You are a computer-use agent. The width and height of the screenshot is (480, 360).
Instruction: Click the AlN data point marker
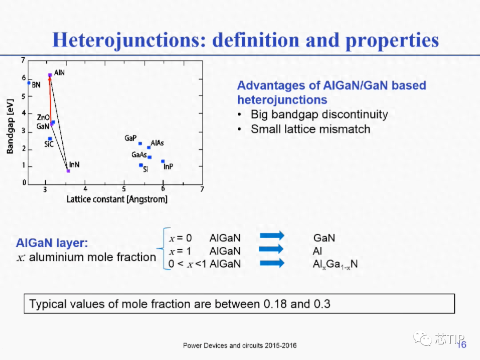pos(50,75)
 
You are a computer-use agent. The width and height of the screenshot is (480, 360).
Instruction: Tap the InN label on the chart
pos(74,165)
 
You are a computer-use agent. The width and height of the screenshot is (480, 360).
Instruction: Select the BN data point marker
pos(29,83)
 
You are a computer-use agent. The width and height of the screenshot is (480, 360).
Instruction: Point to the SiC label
pos(49,144)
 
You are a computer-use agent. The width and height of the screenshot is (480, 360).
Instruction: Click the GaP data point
pos(140,143)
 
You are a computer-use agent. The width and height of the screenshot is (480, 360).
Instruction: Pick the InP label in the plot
pos(168,167)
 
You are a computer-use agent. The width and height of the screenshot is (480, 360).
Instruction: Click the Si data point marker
pos(141,165)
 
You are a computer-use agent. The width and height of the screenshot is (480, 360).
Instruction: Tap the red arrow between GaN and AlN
pos(50,100)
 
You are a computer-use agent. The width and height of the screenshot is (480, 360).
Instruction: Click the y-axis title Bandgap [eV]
pos(10,126)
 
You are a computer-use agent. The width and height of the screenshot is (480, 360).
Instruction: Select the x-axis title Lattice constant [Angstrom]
pos(117,199)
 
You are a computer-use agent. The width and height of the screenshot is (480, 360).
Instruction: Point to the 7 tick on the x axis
pos(202,189)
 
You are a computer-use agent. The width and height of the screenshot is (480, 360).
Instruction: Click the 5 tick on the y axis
pos(23,96)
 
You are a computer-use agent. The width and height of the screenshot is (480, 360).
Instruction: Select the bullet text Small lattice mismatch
pos(310,129)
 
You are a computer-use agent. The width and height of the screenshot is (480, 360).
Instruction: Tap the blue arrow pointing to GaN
pos(272,236)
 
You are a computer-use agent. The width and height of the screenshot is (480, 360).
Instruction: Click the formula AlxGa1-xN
pos(335,264)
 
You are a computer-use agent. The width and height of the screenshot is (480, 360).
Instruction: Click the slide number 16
pos(462,345)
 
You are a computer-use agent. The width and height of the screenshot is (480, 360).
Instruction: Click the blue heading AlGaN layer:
pos(52,243)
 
